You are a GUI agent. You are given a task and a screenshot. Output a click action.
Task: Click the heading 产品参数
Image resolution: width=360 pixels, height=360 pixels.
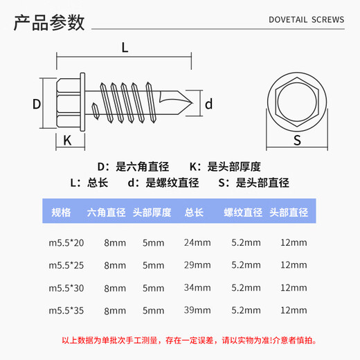(x=50, y=24)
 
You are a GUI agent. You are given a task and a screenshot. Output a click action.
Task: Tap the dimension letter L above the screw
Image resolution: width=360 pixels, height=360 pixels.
(x=125, y=48)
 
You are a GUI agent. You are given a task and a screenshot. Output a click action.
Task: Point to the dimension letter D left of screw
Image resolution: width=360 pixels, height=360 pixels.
(x=37, y=104)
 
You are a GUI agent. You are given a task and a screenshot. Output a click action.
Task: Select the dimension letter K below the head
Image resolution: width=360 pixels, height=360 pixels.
(x=68, y=140)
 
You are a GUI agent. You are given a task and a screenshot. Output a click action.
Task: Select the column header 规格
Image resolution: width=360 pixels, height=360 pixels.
(x=62, y=212)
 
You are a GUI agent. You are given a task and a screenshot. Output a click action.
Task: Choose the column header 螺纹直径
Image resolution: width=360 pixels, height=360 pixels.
(x=242, y=212)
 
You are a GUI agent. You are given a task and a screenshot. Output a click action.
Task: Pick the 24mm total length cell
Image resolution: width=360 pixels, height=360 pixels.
(x=197, y=242)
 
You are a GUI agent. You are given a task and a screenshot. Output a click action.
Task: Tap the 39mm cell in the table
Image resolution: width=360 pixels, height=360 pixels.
(x=197, y=310)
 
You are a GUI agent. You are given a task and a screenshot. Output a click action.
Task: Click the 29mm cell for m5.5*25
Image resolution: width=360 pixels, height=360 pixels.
(x=197, y=264)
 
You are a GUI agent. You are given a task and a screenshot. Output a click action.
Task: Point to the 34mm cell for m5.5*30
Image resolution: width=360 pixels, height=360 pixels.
(x=197, y=287)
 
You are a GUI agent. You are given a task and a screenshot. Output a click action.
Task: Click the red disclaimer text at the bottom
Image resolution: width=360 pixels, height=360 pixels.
(x=180, y=340)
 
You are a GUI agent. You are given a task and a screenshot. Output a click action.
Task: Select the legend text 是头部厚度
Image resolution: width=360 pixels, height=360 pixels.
(x=234, y=166)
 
